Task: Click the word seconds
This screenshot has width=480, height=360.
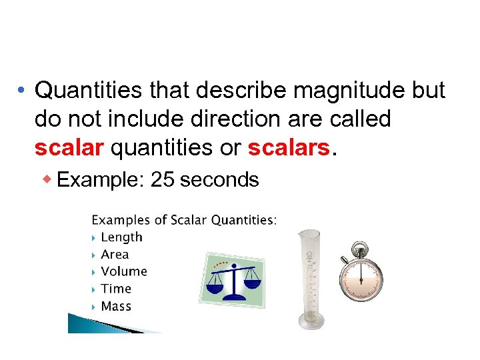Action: (219, 179)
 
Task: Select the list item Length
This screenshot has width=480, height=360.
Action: (121, 237)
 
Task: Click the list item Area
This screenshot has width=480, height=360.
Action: (115, 254)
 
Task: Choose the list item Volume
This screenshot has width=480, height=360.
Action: (123, 271)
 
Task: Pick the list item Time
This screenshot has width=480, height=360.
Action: (116, 289)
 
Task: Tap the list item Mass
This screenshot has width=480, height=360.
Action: (116, 306)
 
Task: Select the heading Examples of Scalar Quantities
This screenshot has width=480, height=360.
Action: (184, 219)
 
